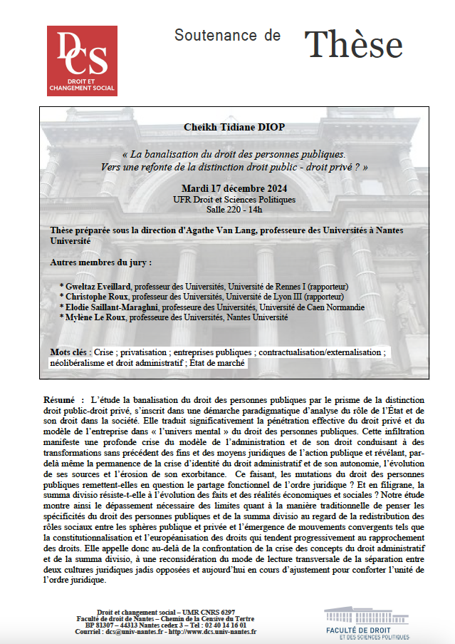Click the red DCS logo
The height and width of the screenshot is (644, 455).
tap(82, 61)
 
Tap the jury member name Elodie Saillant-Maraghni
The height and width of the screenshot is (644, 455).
tap(113, 307)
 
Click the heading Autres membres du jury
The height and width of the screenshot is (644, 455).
tap(100, 262)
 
